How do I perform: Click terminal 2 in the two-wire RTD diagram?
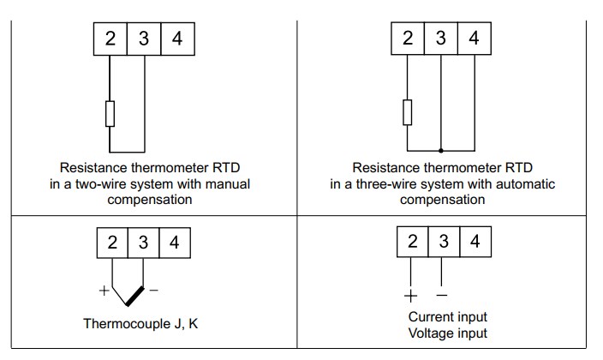point(110,39)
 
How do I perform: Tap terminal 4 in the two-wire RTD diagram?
point(177,39)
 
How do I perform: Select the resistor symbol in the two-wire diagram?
point(110,114)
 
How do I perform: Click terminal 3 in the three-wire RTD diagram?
point(440,39)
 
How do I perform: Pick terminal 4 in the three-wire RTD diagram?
point(474,39)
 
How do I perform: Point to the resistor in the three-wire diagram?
point(407,112)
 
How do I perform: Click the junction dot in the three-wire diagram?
point(440,148)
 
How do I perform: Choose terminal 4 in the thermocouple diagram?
point(175,243)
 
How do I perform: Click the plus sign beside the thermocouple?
point(104,291)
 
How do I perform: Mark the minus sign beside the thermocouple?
point(154,291)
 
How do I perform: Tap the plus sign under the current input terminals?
point(410,297)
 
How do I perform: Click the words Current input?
point(447,316)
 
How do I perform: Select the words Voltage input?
point(447,333)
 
